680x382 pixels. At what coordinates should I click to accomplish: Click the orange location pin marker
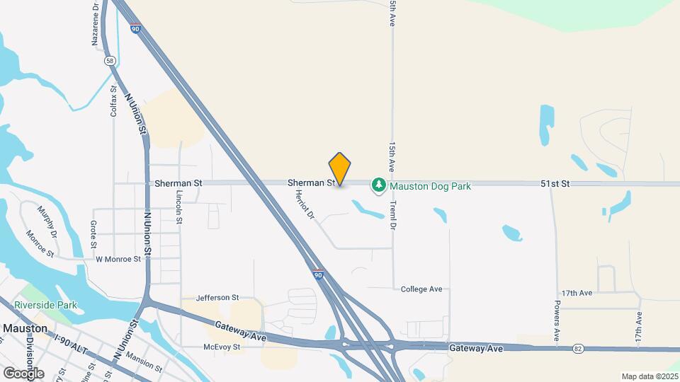click(x=340, y=169)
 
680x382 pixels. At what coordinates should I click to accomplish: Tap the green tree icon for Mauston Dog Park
click(x=380, y=185)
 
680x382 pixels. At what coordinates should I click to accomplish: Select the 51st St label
click(x=555, y=184)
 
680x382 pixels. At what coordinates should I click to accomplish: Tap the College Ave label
click(x=421, y=289)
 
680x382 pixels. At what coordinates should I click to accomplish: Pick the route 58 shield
click(x=110, y=61)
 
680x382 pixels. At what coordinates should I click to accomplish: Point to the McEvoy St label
click(x=222, y=347)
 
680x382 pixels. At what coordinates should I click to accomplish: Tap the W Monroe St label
click(x=118, y=260)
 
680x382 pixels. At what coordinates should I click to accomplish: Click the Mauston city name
click(x=25, y=329)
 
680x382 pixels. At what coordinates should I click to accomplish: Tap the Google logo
click(x=23, y=373)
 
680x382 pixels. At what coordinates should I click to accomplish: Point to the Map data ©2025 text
click(x=649, y=376)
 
